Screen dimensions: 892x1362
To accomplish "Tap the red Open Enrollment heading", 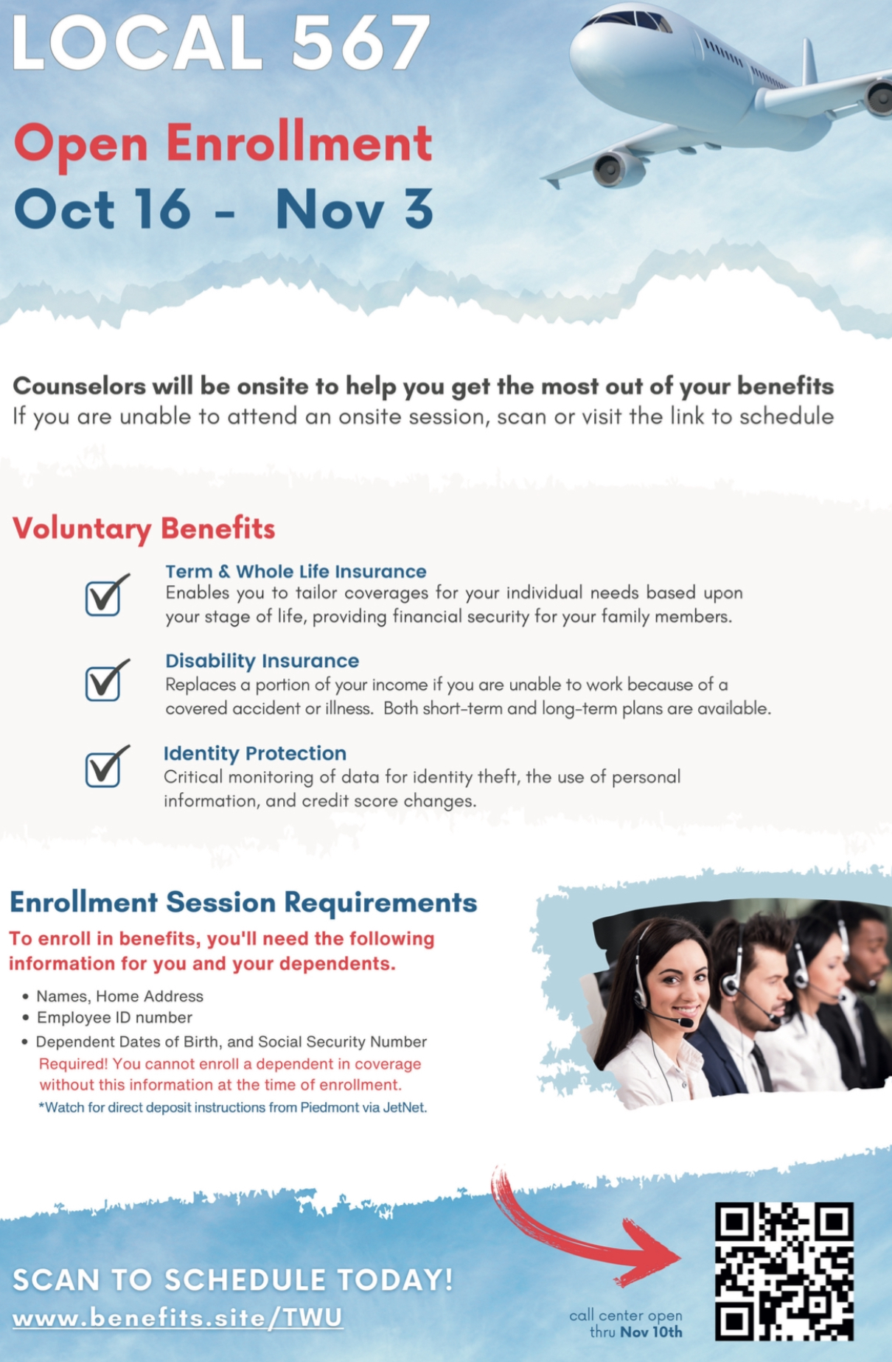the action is point(223,144).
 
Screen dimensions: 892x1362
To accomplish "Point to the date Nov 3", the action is point(354,209).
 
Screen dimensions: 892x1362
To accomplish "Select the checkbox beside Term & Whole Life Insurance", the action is point(105,596).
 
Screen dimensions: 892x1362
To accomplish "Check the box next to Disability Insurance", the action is point(105,681).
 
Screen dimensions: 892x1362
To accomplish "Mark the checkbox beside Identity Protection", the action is point(105,766).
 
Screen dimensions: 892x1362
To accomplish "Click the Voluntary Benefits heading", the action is point(144,529).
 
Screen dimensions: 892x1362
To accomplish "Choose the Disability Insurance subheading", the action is point(262,661).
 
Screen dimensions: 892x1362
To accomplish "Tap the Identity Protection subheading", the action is point(254,753).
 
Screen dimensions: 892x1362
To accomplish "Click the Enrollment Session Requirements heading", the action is point(243,902).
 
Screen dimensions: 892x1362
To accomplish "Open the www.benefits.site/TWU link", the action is point(178,1317).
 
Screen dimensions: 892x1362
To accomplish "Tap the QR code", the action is point(784,1271).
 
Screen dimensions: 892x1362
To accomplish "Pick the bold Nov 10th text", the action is point(652,1332).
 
